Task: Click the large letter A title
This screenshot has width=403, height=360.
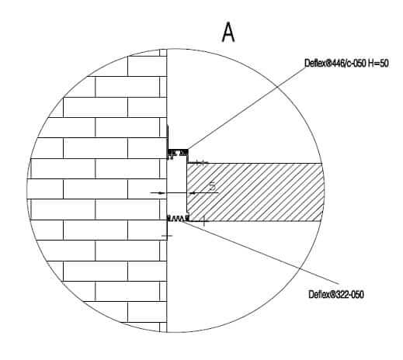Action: point(228,32)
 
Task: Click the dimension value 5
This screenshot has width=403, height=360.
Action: point(212,186)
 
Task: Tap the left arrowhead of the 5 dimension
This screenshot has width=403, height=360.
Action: point(162,193)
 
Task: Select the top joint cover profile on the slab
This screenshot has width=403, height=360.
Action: point(178,153)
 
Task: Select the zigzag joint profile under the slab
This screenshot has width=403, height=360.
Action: point(178,218)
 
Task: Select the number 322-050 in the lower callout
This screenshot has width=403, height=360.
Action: point(349,294)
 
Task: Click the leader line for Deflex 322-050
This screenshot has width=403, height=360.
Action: point(261,251)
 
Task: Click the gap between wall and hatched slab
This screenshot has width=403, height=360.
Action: point(177,186)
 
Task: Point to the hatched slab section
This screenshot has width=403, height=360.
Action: point(255,192)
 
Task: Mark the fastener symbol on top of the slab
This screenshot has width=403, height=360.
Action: point(201,163)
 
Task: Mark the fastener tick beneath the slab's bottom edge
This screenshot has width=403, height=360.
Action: point(204,222)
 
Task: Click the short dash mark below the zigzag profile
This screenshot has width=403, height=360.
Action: point(167,236)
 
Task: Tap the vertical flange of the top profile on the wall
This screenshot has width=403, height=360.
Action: point(168,137)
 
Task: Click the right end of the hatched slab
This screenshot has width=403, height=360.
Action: point(323,192)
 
